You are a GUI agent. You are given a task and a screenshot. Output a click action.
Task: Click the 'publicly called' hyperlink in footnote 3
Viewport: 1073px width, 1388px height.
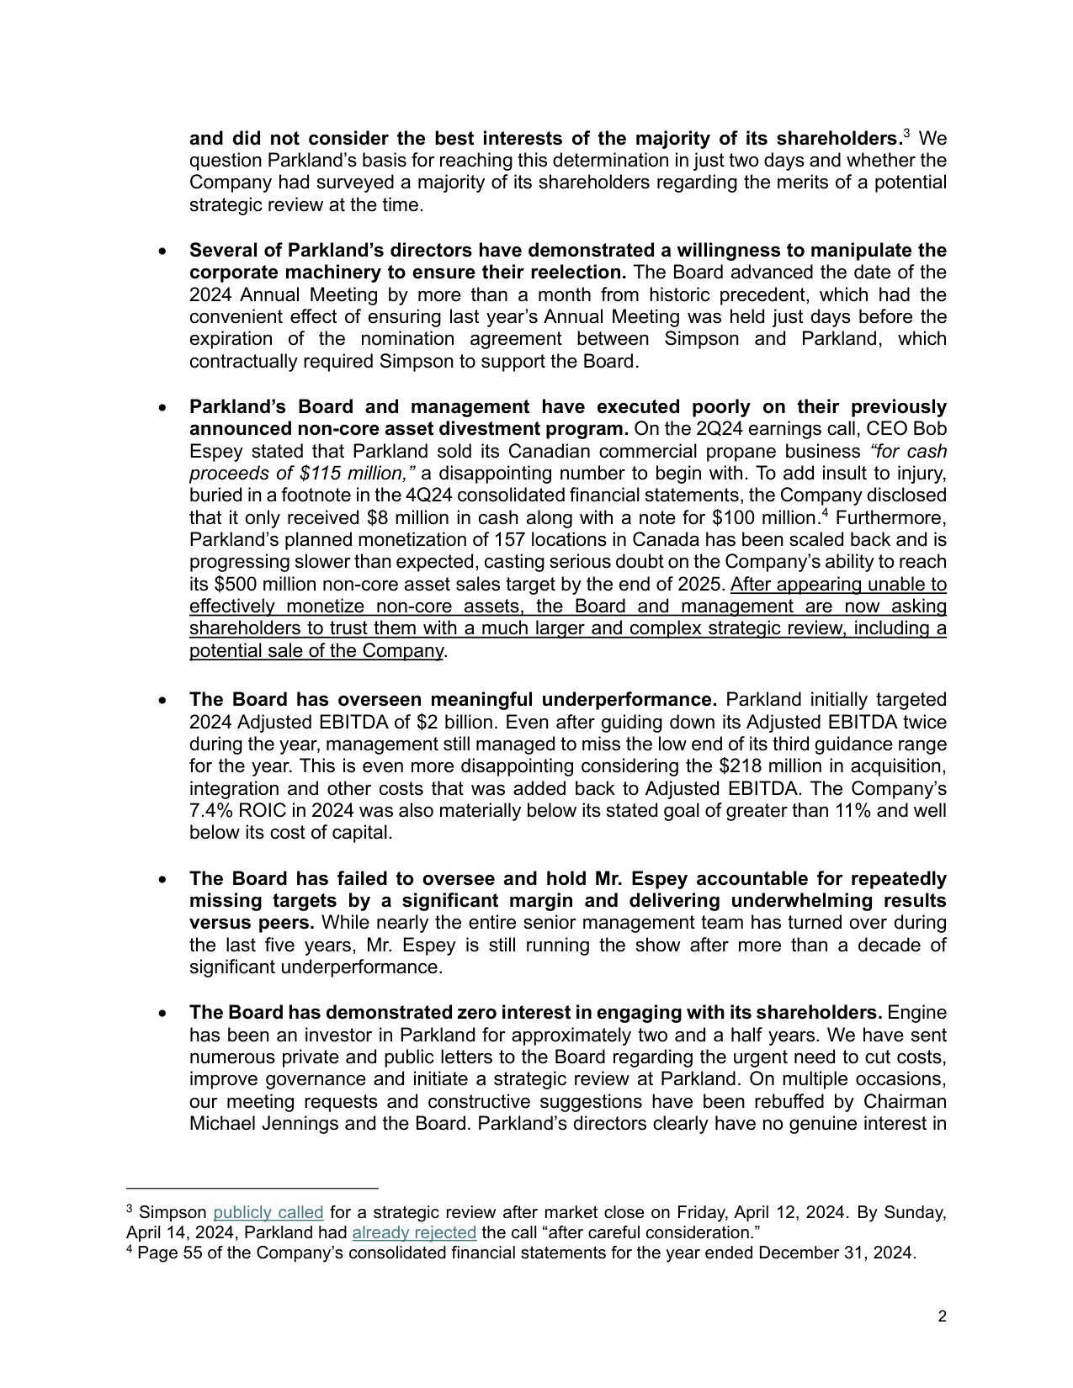[x=268, y=1212]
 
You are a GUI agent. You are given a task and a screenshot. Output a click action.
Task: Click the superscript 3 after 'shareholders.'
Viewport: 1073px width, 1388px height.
[x=906, y=133]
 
